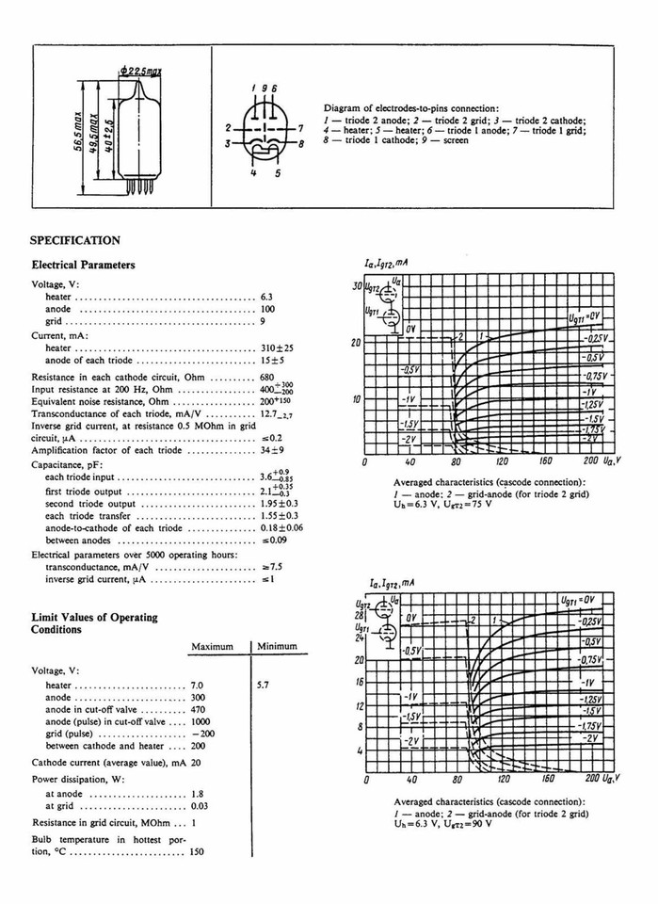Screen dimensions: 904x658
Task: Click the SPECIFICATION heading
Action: (x=75, y=241)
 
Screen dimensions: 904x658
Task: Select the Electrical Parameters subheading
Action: (x=83, y=266)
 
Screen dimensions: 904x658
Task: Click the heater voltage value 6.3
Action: (x=266, y=297)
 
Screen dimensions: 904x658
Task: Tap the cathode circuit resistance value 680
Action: (x=269, y=377)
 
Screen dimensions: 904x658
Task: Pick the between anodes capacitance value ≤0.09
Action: (x=274, y=541)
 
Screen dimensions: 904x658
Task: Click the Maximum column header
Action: (x=212, y=646)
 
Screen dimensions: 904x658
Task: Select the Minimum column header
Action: (x=278, y=646)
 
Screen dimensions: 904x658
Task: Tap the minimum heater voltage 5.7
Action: (x=263, y=686)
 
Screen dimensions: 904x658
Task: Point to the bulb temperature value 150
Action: (x=196, y=851)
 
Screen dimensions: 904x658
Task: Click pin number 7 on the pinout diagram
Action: (x=299, y=127)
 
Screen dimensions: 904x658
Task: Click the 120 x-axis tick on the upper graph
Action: (x=501, y=462)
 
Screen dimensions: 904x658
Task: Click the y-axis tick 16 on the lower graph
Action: (x=359, y=680)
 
